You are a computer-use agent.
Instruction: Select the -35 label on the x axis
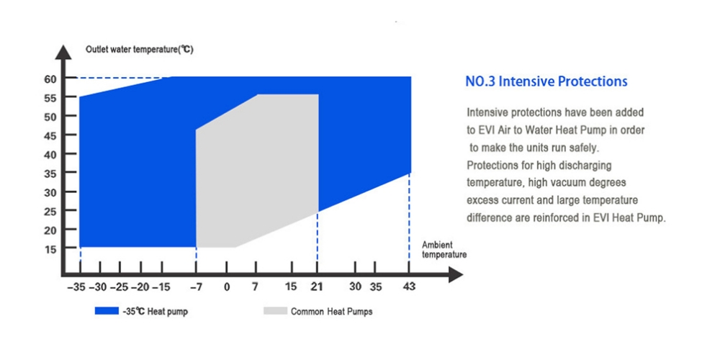[77, 287]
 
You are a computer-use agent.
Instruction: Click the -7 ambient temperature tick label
[196, 287]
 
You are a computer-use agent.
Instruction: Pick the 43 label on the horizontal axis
[409, 287]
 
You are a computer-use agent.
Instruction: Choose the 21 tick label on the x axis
[317, 287]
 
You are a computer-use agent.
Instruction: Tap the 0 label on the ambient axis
[227, 287]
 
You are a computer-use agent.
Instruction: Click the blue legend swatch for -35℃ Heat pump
[107, 311]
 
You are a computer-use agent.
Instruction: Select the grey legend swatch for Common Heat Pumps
[275, 311]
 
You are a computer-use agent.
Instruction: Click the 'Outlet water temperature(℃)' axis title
[140, 50]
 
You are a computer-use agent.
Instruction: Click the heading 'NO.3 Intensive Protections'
[546, 82]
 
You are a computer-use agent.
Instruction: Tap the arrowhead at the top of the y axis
[63, 50]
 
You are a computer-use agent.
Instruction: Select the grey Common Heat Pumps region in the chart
[257, 174]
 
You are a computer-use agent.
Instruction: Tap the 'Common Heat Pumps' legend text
[331, 311]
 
